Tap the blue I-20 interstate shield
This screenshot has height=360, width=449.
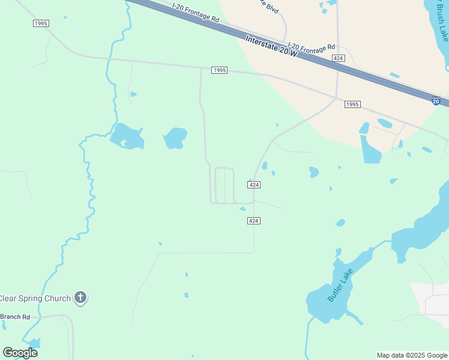[x=436, y=101]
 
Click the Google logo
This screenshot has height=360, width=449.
[x=20, y=353]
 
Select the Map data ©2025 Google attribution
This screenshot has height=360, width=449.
[x=412, y=355]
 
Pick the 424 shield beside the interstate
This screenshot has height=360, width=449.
[x=339, y=58]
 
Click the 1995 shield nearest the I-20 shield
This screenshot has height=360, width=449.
[x=352, y=104]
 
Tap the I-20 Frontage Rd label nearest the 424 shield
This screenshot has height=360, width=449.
[x=311, y=46]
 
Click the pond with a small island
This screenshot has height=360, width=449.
[x=127, y=137]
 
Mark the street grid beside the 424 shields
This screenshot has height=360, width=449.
[x=223, y=185]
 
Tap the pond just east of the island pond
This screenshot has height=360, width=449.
[x=175, y=139]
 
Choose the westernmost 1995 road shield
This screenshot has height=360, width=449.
[x=41, y=23]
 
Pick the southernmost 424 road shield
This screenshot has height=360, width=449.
[x=253, y=221]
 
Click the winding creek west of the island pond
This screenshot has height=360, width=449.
[x=91, y=192]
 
